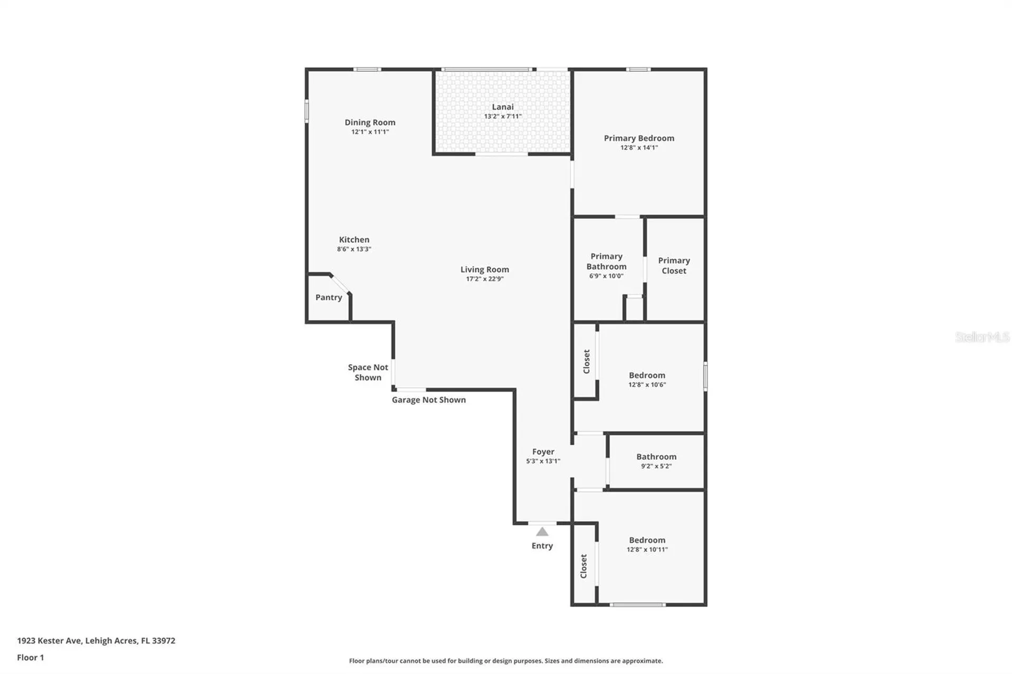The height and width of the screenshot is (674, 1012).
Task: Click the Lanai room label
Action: click(502, 107)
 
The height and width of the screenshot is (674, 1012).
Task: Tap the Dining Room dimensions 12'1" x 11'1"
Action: click(370, 132)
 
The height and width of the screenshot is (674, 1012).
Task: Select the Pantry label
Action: click(328, 297)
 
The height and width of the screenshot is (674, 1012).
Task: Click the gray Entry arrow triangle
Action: click(542, 532)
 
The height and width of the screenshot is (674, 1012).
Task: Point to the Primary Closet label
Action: click(674, 266)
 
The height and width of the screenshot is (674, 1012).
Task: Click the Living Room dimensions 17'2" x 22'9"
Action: click(484, 279)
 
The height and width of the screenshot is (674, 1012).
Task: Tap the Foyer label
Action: click(543, 452)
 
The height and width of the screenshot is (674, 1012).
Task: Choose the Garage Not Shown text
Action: click(429, 400)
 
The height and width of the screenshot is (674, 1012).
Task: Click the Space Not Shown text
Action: click(368, 373)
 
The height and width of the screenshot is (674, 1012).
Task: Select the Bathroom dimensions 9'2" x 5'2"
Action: click(656, 466)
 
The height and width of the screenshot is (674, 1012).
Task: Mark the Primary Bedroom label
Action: click(639, 138)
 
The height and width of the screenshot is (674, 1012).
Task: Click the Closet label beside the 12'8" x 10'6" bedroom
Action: click(586, 362)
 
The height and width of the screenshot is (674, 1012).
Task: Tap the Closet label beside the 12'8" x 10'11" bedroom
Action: click(583, 566)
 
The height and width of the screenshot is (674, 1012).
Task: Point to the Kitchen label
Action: click(354, 240)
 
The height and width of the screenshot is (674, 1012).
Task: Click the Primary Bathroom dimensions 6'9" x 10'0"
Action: click(606, 276)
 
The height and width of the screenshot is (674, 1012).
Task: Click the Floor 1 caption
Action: click(31, 657)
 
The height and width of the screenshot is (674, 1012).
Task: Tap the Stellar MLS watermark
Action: click(982, 337)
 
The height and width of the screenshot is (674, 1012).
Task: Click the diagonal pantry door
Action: click(340, 284)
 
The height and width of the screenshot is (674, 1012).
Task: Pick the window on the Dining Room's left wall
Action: click(307, 112)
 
